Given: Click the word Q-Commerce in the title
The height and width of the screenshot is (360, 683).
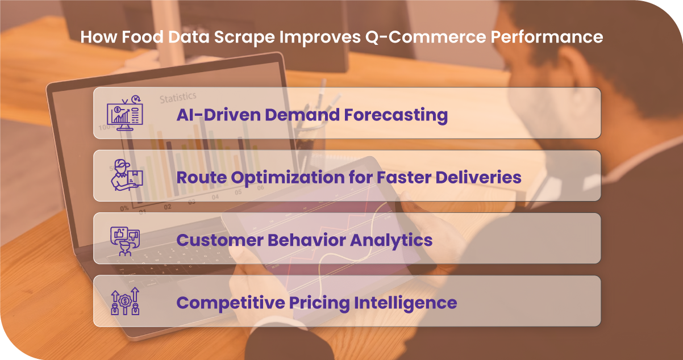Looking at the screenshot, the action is point(426,37).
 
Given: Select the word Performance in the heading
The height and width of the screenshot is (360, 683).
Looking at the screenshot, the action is point(547,37).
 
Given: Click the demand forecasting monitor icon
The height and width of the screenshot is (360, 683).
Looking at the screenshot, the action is point(125,113).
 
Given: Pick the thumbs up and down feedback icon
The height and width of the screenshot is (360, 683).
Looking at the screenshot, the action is point(125,241).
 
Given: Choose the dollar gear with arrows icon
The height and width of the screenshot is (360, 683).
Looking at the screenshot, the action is point(125,301).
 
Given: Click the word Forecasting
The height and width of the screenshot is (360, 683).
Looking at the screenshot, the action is point(396,115).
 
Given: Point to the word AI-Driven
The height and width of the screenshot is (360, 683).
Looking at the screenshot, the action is point(219,115).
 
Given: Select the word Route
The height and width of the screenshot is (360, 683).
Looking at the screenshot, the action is point(202,177).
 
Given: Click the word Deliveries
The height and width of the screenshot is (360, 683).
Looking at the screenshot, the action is point(478,177).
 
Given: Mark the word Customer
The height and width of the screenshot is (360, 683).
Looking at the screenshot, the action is point(220,240).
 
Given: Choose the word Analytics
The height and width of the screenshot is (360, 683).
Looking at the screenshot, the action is point(391,241).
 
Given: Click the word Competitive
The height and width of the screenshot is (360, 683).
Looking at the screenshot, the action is point(231,303).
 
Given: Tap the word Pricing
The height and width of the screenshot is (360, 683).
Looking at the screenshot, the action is point(319,303).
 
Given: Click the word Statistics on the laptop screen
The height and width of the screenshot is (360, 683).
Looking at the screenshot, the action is point(178,98).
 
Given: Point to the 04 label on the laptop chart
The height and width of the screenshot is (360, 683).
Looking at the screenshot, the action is point(215,197).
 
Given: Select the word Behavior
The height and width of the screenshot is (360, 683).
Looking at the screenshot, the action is point(307,240).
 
